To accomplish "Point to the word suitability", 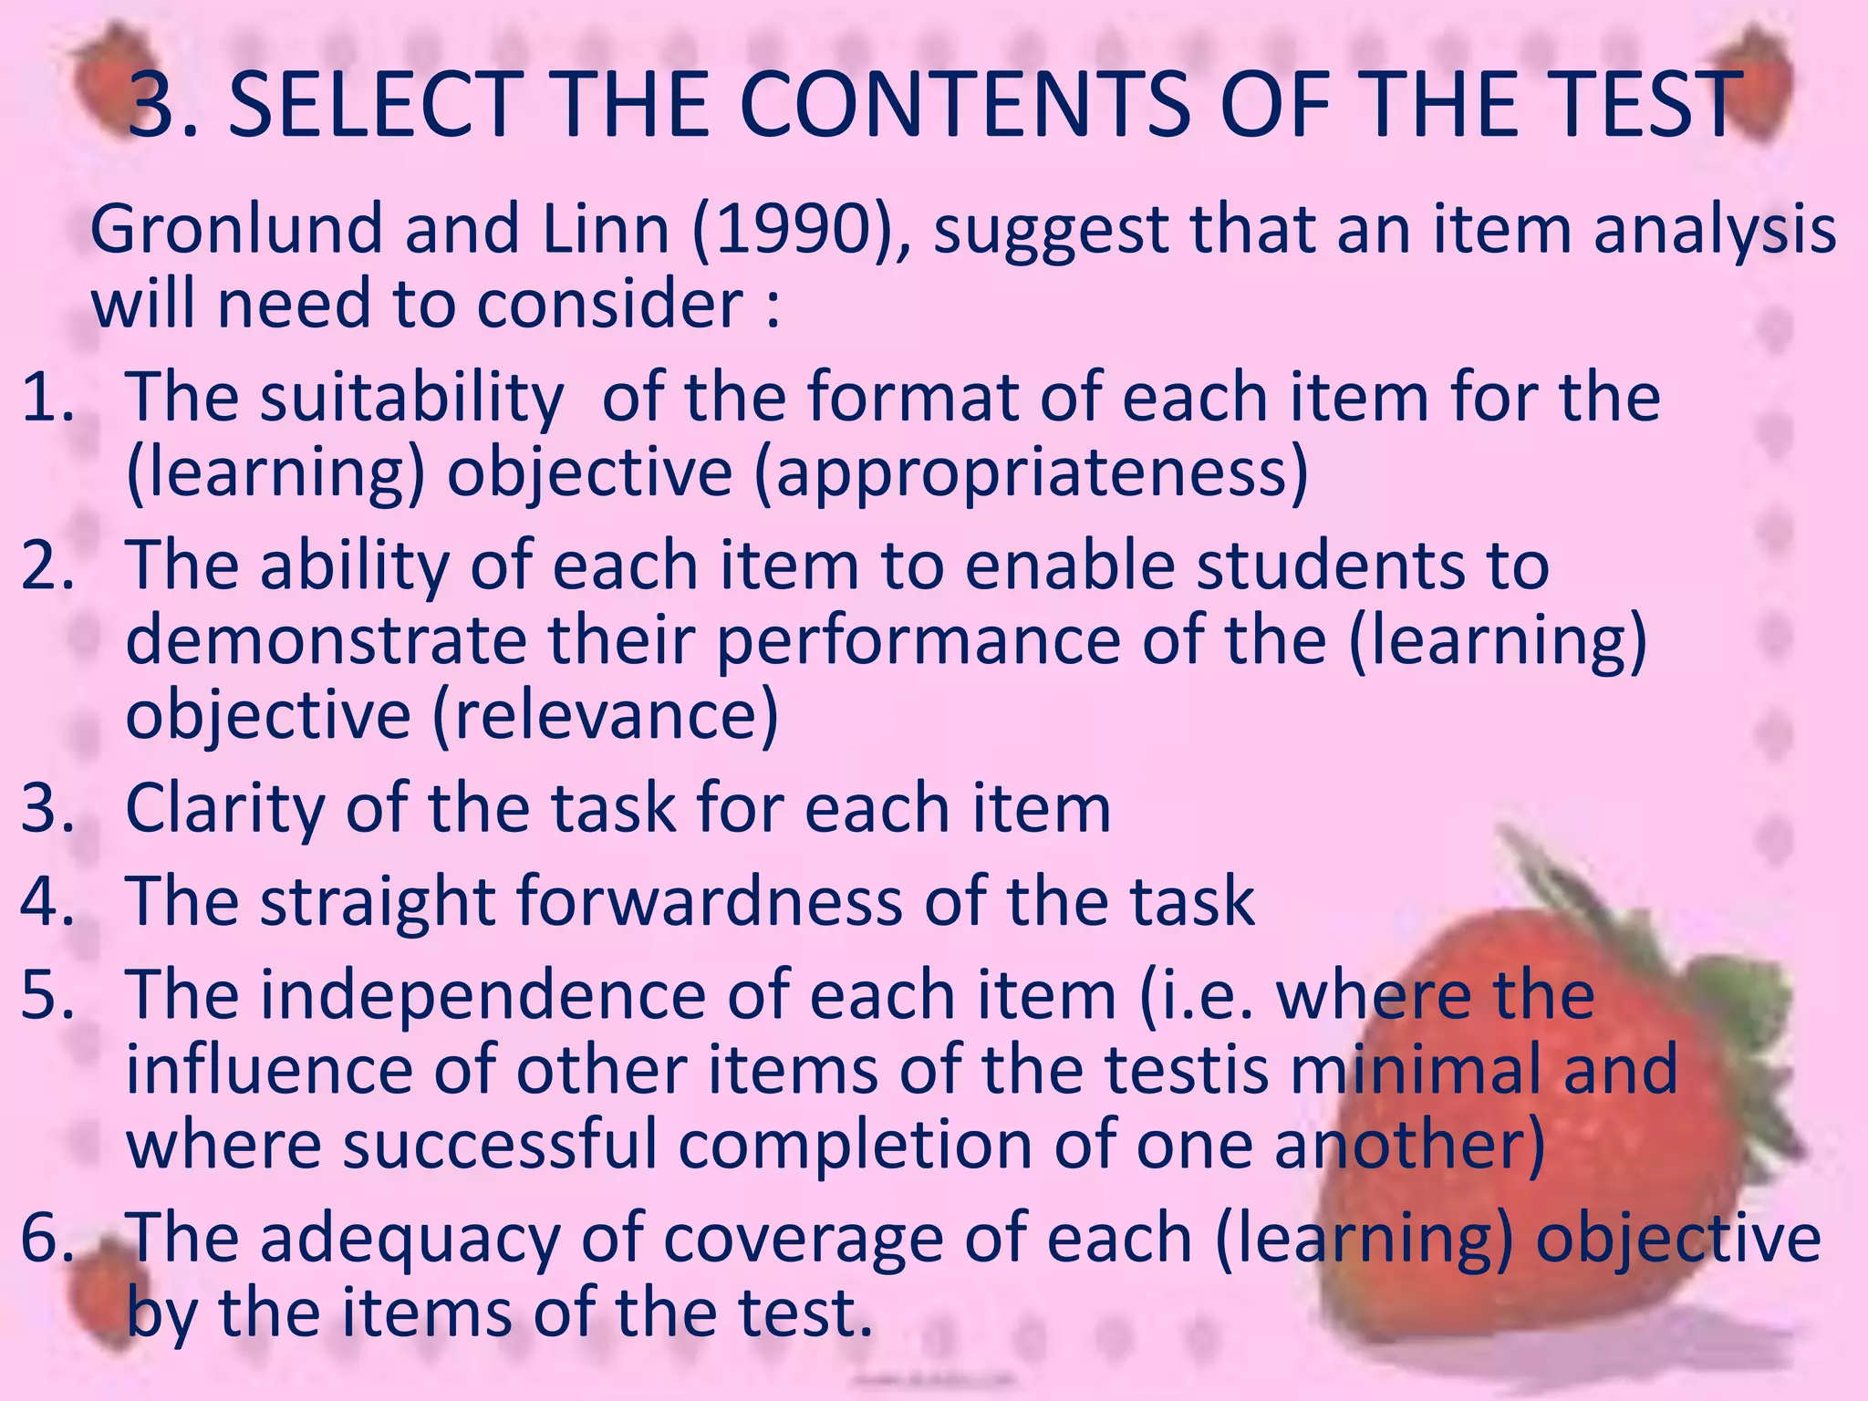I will [x=411, y=400].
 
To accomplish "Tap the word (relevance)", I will [x=606, y=715].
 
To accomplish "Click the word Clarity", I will [x=224, y=810].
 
